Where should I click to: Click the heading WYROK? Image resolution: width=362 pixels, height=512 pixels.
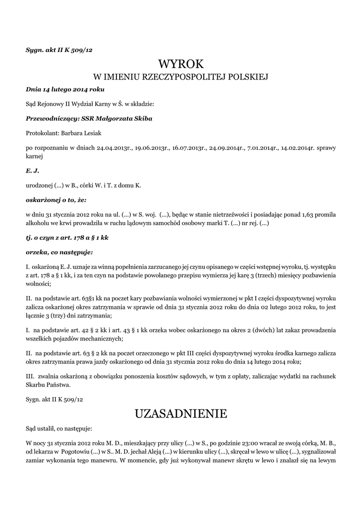click(181, 63)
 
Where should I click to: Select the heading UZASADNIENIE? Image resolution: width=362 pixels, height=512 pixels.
click(181, 413)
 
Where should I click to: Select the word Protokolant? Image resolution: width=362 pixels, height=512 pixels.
click(42, 133)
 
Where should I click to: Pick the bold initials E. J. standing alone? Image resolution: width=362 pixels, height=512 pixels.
click(32, 171)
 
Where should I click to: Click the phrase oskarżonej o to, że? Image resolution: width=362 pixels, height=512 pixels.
click(56, 200)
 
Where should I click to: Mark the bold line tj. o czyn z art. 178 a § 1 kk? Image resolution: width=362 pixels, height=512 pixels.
click(67, 237)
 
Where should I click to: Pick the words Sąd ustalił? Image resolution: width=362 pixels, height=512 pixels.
click(40, 428)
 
